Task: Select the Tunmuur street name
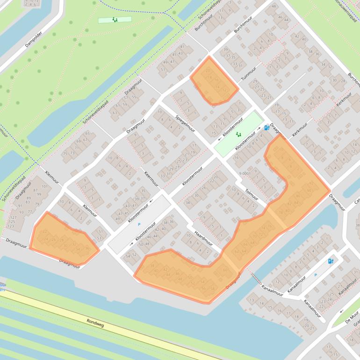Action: [249, 73]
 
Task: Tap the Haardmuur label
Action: [203, 236]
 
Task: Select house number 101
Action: [44, 187]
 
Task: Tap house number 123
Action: [10, 227]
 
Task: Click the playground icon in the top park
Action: [115, 20]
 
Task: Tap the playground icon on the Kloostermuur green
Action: [238, 135]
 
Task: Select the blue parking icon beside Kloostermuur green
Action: [266, 127]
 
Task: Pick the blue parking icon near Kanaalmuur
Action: [331, 261]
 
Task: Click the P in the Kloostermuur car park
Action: [139, 224]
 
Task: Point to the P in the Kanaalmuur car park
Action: [315, 275]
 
